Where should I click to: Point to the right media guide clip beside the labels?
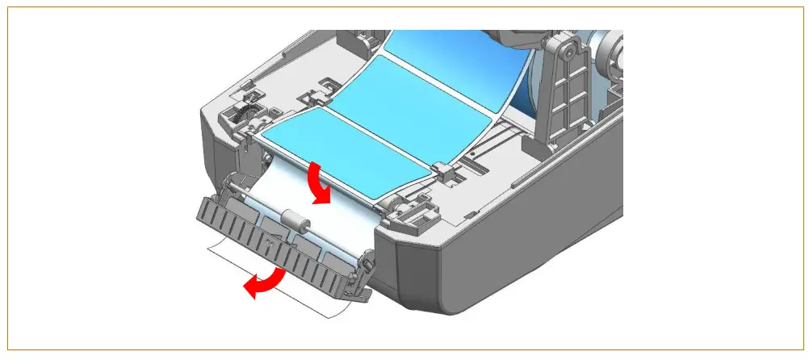[x=441, y=170]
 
